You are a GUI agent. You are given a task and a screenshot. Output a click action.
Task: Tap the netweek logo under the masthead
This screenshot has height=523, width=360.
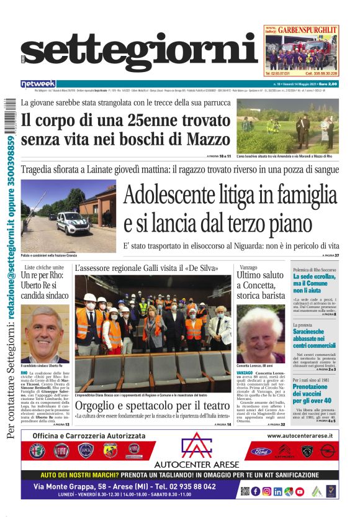tap(38, 84)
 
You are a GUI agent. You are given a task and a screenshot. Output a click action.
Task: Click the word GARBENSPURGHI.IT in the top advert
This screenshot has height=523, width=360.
tap(308, 29)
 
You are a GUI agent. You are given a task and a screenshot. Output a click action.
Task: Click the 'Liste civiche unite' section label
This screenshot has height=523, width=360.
tap(38, 266)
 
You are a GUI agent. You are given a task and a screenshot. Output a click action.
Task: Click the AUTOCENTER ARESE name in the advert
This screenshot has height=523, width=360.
tap(196, 463)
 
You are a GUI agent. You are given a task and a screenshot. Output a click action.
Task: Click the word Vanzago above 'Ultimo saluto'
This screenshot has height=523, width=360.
tap(248, 266)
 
